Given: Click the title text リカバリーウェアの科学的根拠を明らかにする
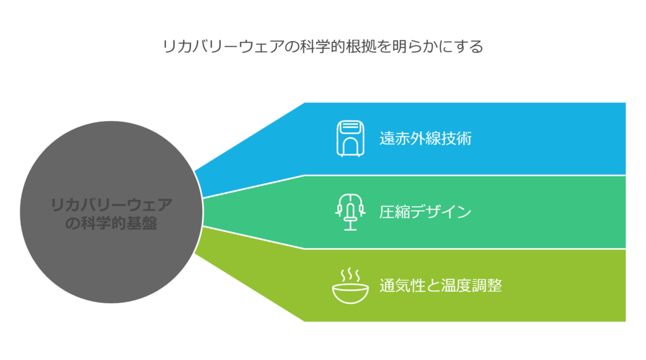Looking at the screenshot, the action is click(x=323, y=47).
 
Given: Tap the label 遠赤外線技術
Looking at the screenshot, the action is click(x=426, y=139).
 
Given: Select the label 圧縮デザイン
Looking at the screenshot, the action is click(x=425, y=212).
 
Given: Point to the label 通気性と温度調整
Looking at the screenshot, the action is click(x=441, y=286).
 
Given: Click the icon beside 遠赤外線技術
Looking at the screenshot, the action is click(x=350, y=139).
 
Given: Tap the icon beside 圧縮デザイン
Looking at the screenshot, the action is click(x=350, y=212).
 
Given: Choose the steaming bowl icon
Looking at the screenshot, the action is click(x=350, y=286).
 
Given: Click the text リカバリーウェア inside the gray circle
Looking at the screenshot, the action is click(x=111, y=205).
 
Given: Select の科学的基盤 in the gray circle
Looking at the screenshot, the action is click(x=111, y=223).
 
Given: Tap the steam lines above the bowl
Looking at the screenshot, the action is click(x=350, y=275).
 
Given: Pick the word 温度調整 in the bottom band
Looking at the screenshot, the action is click(x=472, y=286).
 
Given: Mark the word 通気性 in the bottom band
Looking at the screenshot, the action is click(x=402, y=286).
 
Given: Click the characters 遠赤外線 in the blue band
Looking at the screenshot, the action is click(x=410, y=139).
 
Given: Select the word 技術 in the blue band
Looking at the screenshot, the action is click(x=457, y=139).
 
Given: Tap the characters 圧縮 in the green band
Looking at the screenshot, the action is click(x=395, y=212).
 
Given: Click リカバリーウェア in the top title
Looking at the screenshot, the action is click(x=223, y=47).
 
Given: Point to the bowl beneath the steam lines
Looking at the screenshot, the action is click(x=350, y=293).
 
